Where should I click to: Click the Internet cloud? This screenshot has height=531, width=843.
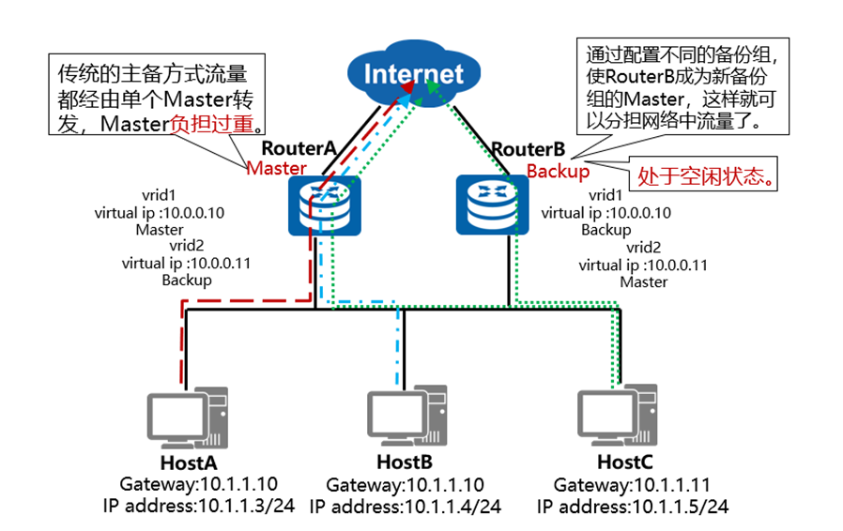(x=413, y=73)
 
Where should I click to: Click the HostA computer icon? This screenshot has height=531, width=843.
(x=181, y=418)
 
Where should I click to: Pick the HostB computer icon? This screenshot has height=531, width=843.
(x=403, y=418)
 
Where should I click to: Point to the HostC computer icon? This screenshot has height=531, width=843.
(x=623, y=418)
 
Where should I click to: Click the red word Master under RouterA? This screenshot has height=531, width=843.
(x=276, y=168)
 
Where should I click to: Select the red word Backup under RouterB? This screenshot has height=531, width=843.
(x=558, y=171)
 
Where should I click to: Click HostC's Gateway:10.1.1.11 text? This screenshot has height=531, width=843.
(x=632, y=485)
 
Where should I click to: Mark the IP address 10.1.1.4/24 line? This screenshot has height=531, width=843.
(x=406, y=507)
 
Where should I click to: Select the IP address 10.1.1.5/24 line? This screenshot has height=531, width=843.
(x=633, y=507)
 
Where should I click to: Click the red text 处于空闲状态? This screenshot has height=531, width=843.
(x=708, y=177)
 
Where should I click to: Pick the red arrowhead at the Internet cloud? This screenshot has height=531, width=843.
(x=409, y=87)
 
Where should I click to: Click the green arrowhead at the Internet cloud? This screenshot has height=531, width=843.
(x=430, y=85)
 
